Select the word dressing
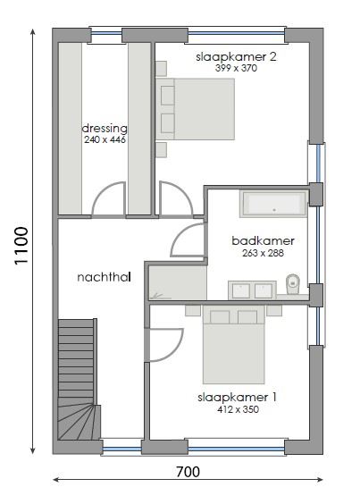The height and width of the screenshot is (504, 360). [x=105, y=128]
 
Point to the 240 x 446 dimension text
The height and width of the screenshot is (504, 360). [x=105, y=140]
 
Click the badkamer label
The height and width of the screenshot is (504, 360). [x=263, y=241]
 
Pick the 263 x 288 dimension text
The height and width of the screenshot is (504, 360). [x=263, y=254]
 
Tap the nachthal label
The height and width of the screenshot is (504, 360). [x=104, y=277]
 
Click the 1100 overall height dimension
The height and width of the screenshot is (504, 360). [x=21, y=245]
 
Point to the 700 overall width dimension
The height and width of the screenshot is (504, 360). [x=188, y=471]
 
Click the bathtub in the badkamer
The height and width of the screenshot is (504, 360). [x=274, y=206]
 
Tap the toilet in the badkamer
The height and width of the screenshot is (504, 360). [x=293, y=285]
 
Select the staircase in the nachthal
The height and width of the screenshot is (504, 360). [x=77, y=380]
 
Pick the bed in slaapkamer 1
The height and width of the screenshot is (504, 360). [x=233, y=344]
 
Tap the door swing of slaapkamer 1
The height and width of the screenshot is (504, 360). [x=161, y=344]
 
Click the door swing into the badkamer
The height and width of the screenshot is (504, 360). [x=189, y=241]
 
